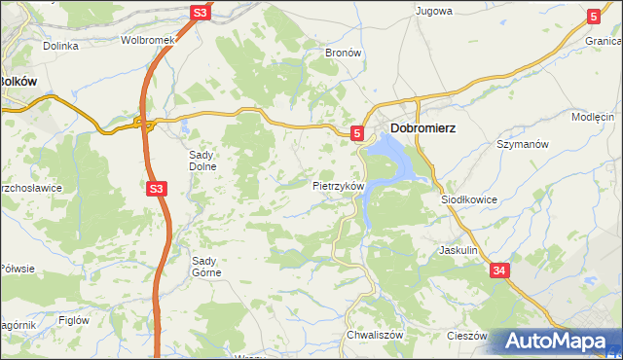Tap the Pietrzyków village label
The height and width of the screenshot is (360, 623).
tap(338, 185)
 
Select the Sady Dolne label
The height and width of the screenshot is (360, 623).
tap(205, 160)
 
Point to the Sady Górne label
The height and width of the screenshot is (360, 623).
tap(206, 266)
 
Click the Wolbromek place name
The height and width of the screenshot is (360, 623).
tap(147, 41)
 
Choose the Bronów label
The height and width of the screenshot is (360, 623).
tap(343, 52)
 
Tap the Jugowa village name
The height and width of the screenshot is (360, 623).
tap(434, 12)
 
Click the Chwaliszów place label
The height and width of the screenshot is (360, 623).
tap(375, 335)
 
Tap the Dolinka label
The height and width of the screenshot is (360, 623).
tap(60, 46)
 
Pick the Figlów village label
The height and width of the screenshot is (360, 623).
tap(74, 320)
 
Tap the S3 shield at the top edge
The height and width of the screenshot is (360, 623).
tap(200, 13)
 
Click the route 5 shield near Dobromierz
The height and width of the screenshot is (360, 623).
tap(357, 132)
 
